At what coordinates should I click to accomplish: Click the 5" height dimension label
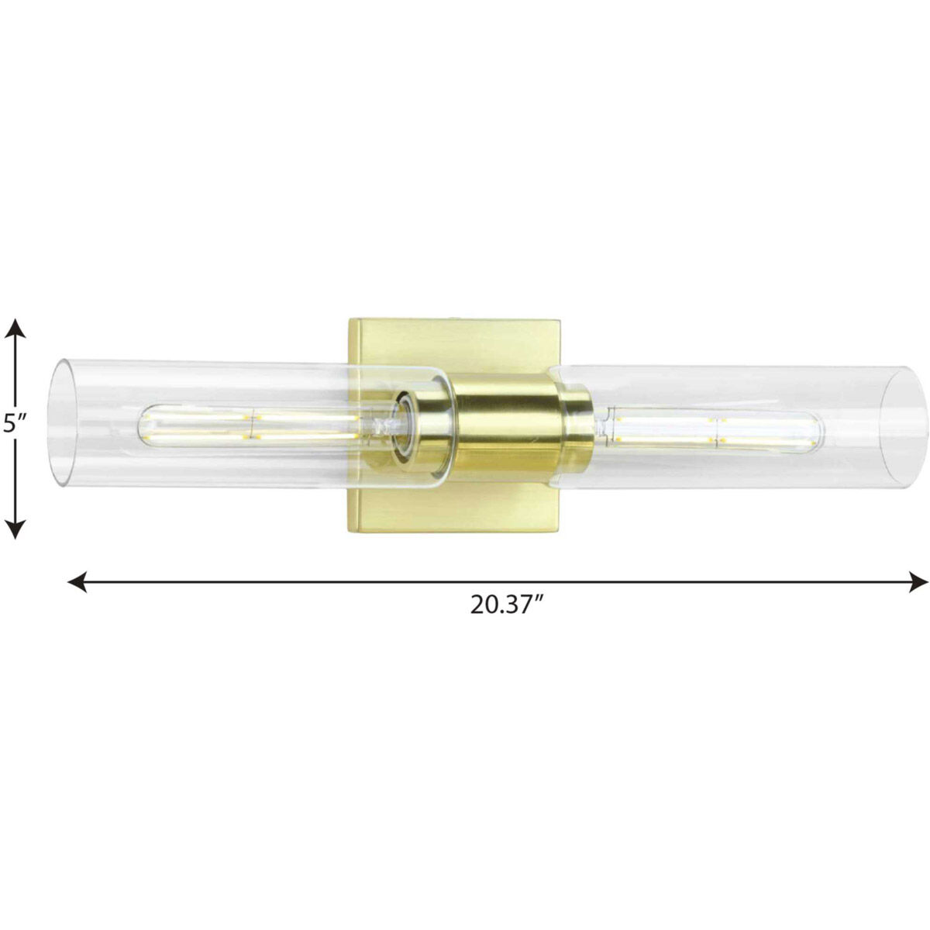pos(15,424)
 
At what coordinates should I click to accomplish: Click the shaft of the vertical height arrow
pos(15,465)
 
